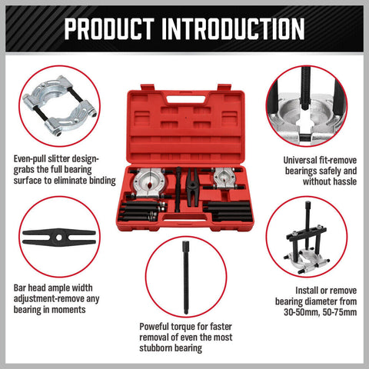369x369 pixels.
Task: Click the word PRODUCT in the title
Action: (112, 28)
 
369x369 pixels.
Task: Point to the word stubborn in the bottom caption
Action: (160, 347)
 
